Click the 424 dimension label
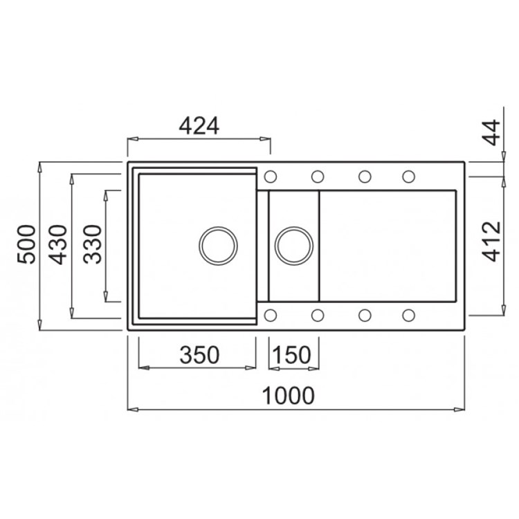(x=199, y=126)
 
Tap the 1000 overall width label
(x=288, y=396)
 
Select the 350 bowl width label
(x=199, y=355)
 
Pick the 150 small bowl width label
(x=292, y=355)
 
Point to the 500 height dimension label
(x=26, y=244)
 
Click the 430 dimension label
(x=58, y=244)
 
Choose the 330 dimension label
(x=92, y=244)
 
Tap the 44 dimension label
(x=491, y=132)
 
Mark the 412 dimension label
(x=491, y=242)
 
